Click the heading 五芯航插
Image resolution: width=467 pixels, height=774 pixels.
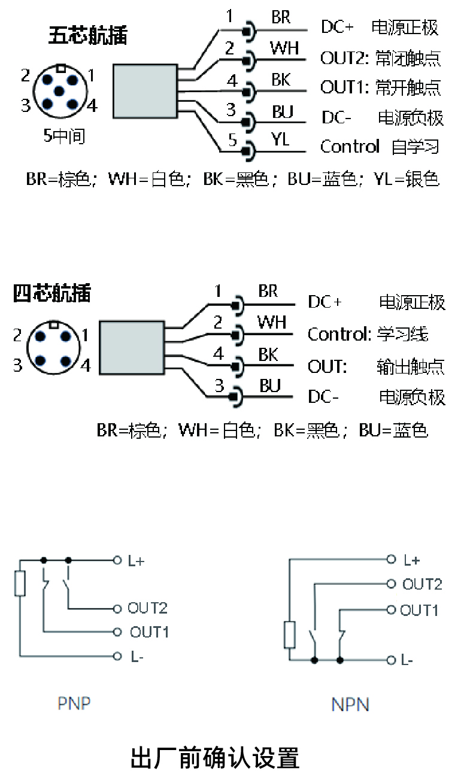(87, 36)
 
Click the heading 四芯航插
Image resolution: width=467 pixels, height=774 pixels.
(52, 293)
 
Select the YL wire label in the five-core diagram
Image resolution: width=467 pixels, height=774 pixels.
(280, 139)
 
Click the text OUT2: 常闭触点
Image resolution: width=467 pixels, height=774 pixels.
(380, 58)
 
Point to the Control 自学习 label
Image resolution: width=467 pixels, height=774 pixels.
(380, 147)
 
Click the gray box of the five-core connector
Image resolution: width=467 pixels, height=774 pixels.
(145, 90)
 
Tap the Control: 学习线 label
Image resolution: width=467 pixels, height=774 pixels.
(368, 334)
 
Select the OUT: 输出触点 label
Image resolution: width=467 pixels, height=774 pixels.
(375, 366)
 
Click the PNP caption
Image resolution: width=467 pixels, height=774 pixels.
(74, 703)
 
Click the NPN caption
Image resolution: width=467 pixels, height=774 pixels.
(350, 705)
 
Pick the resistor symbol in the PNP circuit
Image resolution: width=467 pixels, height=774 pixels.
(20, 583)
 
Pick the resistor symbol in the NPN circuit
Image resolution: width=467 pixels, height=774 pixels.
(290, 635)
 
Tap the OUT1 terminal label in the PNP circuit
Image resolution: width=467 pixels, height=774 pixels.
(150, 632)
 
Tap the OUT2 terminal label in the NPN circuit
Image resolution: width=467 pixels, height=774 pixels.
(422, 584)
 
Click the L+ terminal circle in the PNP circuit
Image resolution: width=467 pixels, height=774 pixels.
(117, 560)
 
